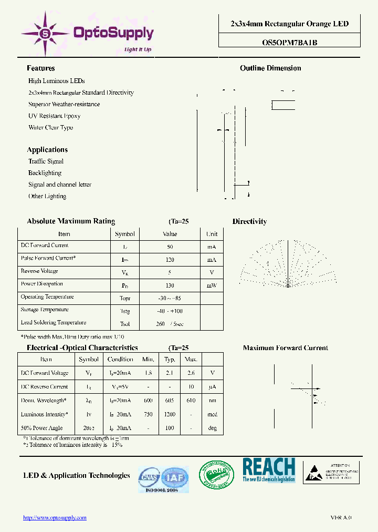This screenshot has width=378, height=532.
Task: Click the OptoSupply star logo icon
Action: [45, 33]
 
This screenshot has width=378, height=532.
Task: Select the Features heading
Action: [40, 68]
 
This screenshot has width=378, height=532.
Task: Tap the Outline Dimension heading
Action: [270, 68]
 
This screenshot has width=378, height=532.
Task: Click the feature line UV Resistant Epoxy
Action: [54, 116]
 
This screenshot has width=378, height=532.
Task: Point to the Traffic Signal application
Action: [46, 161]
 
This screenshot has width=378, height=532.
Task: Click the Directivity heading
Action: [249, 222]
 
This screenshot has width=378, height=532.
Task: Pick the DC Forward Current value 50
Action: [170, 246]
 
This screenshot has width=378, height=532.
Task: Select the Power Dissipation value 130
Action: [170, 284]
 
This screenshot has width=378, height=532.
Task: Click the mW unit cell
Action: [212, 284]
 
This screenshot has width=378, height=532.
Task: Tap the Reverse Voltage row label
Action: [39, 271]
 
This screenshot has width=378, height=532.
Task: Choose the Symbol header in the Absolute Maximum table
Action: [124, 234]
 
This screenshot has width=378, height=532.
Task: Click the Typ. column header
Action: [170, 360]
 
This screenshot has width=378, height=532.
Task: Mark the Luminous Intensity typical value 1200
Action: [170, 415]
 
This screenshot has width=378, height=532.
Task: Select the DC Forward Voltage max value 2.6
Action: [191, 373]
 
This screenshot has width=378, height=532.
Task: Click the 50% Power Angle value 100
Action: [170, 428]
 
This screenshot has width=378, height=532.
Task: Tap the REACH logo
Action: [268, 470]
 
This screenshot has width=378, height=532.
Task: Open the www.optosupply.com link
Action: [55, 518]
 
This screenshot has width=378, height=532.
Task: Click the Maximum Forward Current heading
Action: [285, 348]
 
